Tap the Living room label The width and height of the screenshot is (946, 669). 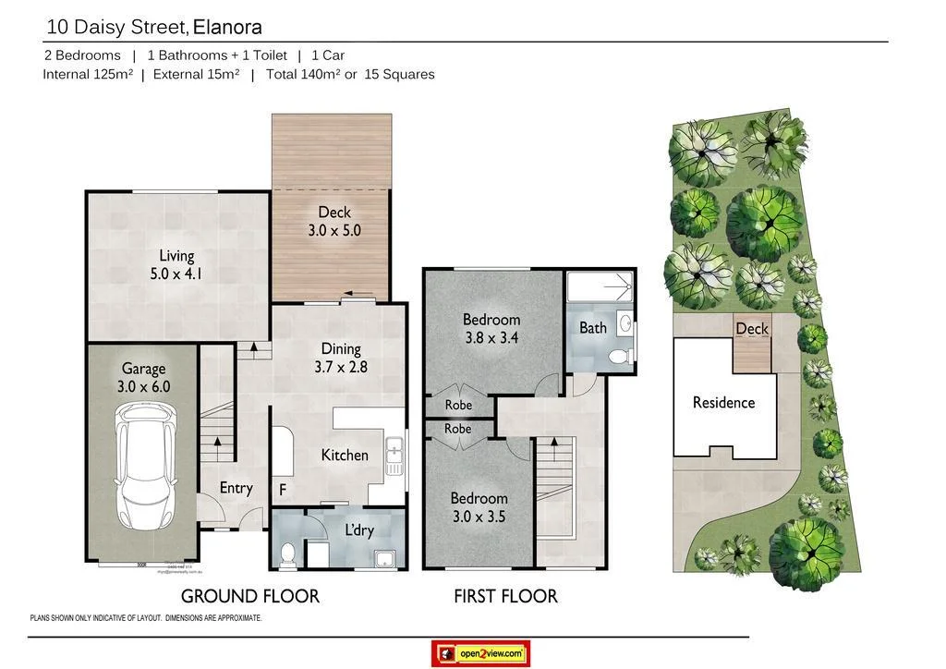(x=176, y=256)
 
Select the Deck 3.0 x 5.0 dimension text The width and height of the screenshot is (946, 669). (x=334, y=230)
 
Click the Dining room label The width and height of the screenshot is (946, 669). (x=340, y=348)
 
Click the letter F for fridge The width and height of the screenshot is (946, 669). (x=283, y=490)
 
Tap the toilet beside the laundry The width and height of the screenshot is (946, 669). (x=287, y=553)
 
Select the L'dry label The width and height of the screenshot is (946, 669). (x=359, y=531)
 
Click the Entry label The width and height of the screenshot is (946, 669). (x=236, y=487)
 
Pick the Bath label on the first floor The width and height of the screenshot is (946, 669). (x=593, y=327)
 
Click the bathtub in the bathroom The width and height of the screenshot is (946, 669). (x=600, y=288)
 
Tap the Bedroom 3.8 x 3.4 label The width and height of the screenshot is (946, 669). (x=491, y=329)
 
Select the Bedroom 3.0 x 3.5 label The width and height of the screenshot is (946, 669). (x=479, y=507)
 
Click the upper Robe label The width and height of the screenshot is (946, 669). (x=458, y=405)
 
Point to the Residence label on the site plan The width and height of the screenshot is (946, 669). (x=723, y=402)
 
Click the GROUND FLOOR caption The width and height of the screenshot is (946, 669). (x=249, y=596)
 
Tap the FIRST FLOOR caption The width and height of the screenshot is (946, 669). (x=505, y=596)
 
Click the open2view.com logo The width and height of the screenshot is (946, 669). (x=480, y=653)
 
